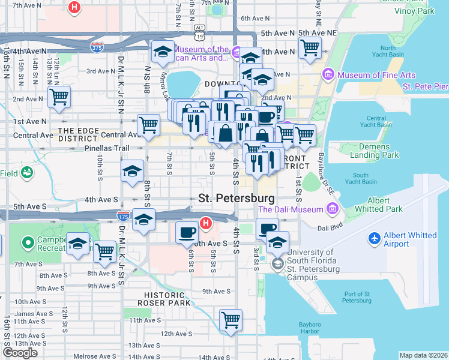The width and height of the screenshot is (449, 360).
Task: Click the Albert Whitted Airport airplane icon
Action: pyautogui.click(x=375, y=239)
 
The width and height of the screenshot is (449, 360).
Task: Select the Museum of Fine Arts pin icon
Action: pyautogui.click(x=328, y=75)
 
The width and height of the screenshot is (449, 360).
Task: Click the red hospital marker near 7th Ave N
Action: pyautogui.click(x=74, y=8)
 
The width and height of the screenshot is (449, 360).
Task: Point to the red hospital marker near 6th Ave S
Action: pyautogui.click(x=206, y=224)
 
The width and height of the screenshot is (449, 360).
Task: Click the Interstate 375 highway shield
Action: pyautogui.click(x=95, y=46)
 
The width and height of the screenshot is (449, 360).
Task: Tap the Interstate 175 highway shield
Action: pyautogui.click(x=124, y=215)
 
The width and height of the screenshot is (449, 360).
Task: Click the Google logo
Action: pyautogui.click(x=20, y=353)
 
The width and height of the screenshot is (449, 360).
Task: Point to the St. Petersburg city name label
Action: pyautogui.click(x=237, y=198)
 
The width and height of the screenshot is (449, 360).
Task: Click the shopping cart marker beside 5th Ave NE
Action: pyautogui.click(x=310, y=47)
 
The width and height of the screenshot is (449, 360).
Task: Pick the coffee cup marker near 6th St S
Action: pyautogui.click(x=187, y=232)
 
